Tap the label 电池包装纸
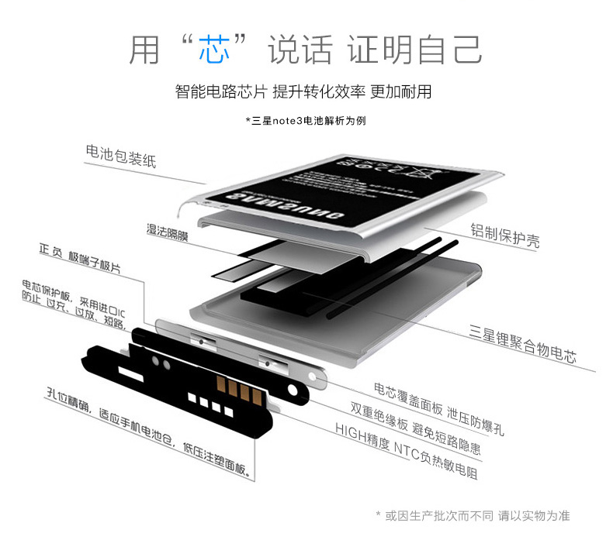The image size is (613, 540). point(121,155)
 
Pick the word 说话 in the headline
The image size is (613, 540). point(300,50)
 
